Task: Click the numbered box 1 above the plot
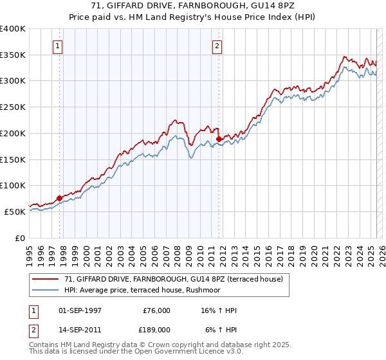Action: pyautogui.click(x=58, y=46)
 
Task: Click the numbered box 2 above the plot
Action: pyautogui.click(x=217, y=46)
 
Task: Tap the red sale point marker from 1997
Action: pyautogui.click(x=59, y=198)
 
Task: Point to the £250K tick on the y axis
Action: pyautogui.click(x=13, y=107)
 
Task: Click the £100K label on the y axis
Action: pyautogui.click(x=13, y=185)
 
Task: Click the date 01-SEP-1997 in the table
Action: pyautogui.click(x=80, y=310)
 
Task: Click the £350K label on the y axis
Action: pyautogui.click(x=13, y=55)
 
